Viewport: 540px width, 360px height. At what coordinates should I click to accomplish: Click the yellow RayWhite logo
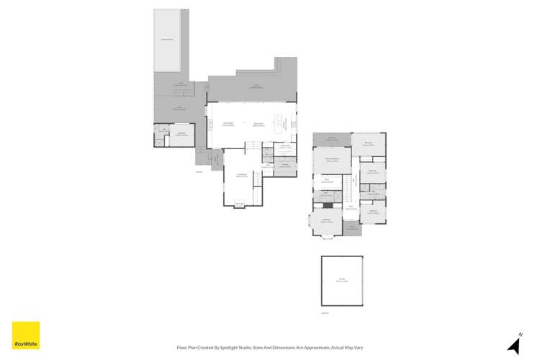(x=26, y=336)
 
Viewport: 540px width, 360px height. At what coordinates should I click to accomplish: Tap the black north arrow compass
(x=514, y=346)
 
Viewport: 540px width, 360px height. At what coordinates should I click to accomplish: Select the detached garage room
(x=342, y=281)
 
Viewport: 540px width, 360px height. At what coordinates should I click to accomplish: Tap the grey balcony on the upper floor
(x=332, y=139)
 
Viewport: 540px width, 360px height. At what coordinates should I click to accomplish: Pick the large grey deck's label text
(x=256, y=86)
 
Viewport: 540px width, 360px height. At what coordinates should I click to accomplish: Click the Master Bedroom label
(x=332, y=160)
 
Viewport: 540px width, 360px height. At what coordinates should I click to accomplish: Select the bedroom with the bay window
(x=326, y=220)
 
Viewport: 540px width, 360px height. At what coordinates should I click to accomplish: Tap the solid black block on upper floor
(x=328, y=205)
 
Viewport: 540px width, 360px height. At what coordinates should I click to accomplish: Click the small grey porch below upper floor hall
(x=351, y=228)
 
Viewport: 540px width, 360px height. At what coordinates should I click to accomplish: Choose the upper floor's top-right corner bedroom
(x=368, y=143)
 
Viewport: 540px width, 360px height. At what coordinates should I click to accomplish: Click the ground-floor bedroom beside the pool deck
(x=182, y=134)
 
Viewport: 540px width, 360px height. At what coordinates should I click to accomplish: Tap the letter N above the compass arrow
(x=521, y=334)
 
